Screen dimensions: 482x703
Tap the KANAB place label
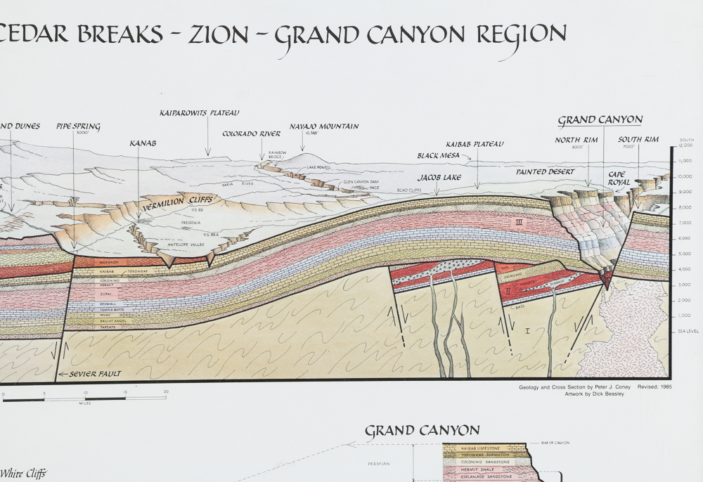coord(143,143)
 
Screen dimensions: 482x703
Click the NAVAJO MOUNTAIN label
coord(324,127)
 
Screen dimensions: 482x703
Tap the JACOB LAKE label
coord(439,178)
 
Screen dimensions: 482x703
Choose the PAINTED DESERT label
coord(545,171)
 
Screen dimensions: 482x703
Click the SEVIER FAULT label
coord(95,374)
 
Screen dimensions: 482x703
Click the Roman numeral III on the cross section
coord(520,222)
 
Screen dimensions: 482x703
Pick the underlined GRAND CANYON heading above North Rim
coord(600,120)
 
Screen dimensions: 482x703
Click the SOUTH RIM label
coord(638,139)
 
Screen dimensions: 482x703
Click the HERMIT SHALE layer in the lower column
coord(475,469)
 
